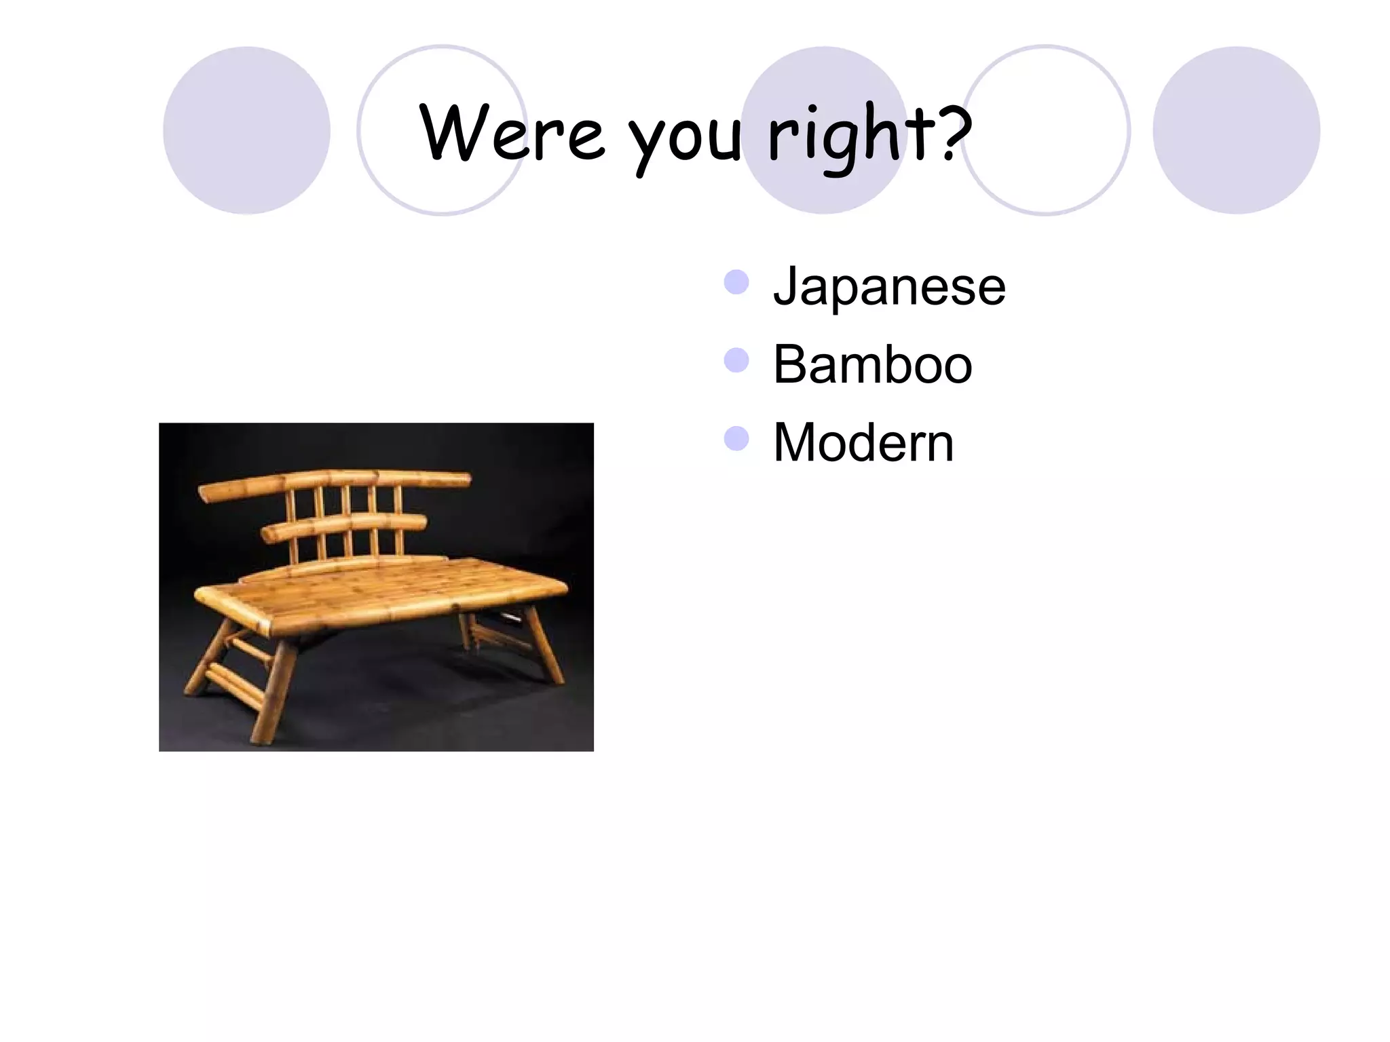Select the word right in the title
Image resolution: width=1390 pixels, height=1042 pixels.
tap(852, 136)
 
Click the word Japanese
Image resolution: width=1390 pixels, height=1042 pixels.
tap(889, 286)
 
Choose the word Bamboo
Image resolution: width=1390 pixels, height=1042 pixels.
tap(873, 364)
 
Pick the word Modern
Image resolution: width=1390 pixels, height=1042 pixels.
tap(863, 442)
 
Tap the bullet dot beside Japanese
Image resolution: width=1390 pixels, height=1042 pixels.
tap(736, 282)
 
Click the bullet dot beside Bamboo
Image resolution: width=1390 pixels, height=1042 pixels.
tap(736, 360)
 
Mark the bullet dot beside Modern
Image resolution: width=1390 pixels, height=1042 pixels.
tap(736, 439)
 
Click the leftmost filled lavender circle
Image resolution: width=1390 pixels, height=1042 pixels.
tap(247, 130)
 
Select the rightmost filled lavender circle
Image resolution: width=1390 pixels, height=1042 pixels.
tap(1236, 130)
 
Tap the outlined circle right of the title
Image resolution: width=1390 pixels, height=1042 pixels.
tap(1046, 130)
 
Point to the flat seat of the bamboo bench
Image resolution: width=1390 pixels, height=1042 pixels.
tap(380, 587)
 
